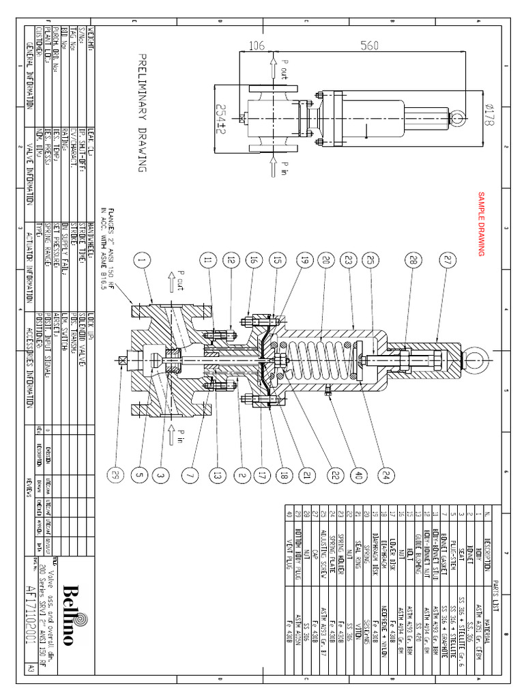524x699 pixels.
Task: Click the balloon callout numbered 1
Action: click(x=141, y=259)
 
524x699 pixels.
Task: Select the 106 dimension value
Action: click(x=257, y=46)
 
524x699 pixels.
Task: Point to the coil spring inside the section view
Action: click(x=321, y=357)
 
